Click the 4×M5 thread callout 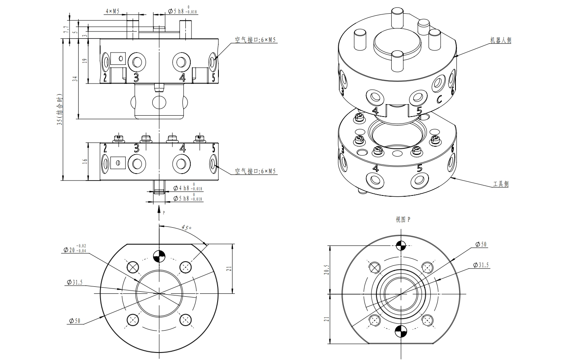point(112,12)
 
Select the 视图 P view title point(403,219)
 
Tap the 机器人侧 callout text point(501,40)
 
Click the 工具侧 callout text point(501,184)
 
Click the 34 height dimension point(75,79)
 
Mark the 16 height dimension point(85,162)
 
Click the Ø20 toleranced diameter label point(76,250)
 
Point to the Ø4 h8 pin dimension point(187,188)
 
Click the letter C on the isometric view point(440,99)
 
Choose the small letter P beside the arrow point(163,213)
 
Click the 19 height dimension point(85,60)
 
